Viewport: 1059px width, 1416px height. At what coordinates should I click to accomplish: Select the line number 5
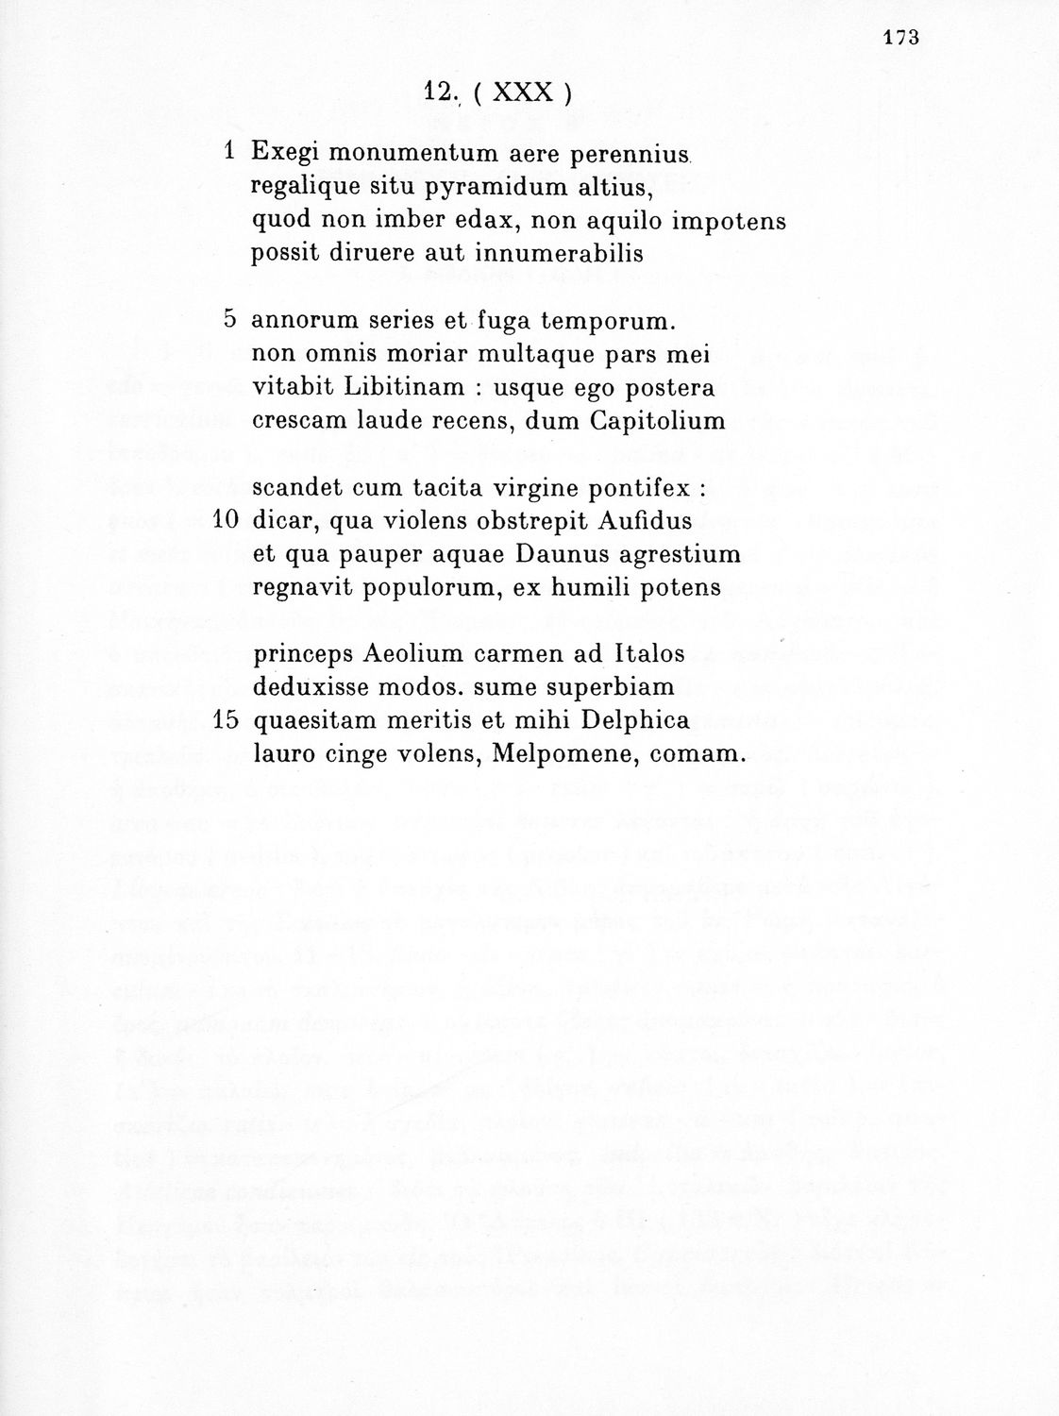click(x=229, y=318)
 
